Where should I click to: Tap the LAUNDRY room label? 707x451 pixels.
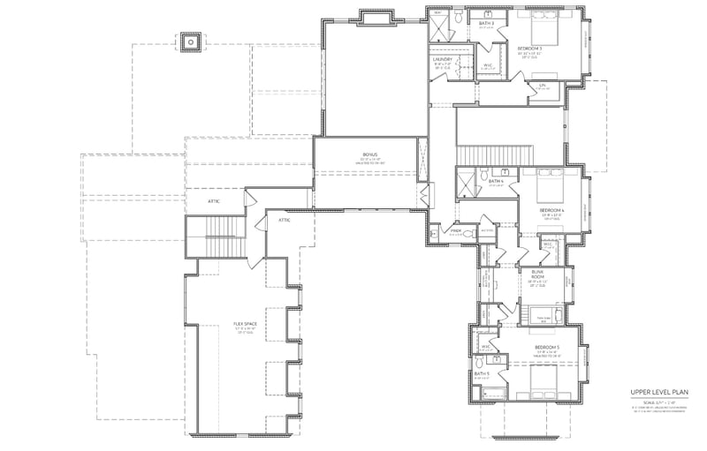coord(443,59)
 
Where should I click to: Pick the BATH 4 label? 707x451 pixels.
coord(496,182)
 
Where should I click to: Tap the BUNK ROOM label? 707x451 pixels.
coord(535,276)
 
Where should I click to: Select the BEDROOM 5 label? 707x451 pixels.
coord(547,348)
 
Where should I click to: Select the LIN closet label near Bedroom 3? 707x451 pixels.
coord(544,85)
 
